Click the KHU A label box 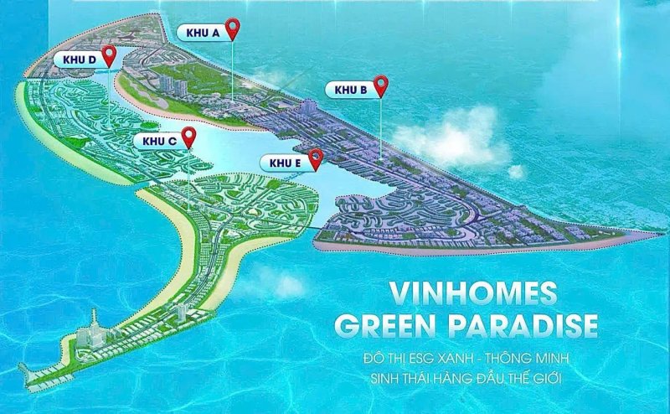click(201, 32)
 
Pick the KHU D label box click(74, 60)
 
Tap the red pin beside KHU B click(382, 85)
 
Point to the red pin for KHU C click(190, 136)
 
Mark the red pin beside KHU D click(109, 55)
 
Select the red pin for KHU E click(316, 157)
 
